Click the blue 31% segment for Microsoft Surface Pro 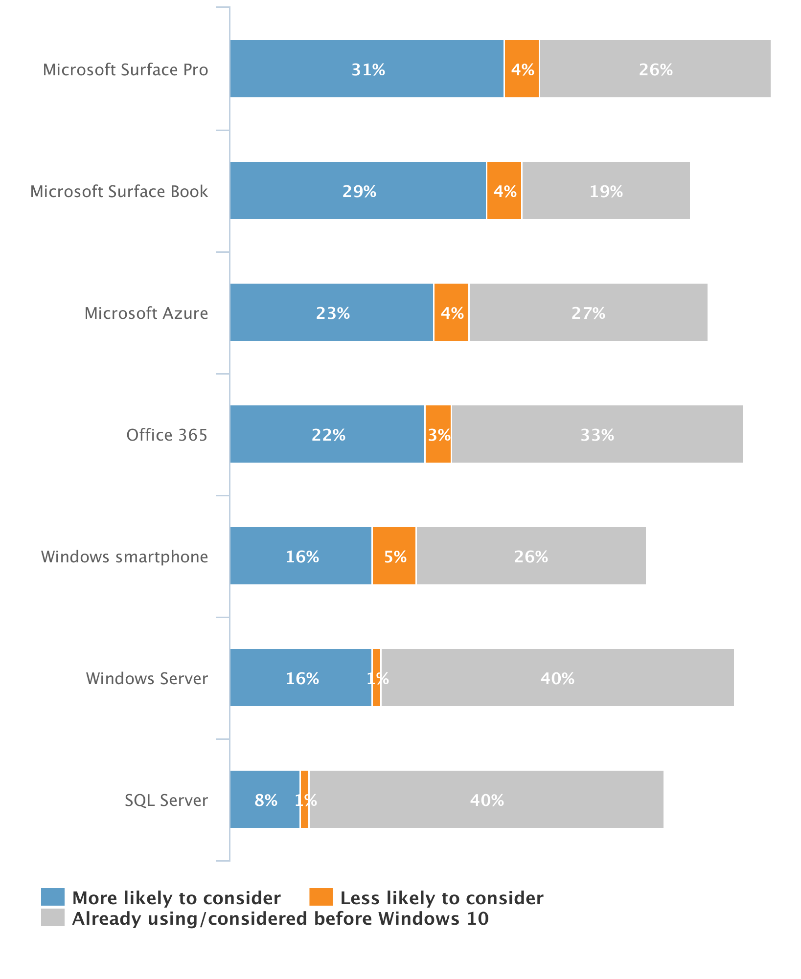pos(367,69)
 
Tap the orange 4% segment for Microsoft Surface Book pos(504,191)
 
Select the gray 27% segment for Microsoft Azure pos(588,312)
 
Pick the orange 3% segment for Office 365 pos(438,434)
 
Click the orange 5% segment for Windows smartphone pos(394,556)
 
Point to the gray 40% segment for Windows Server pos(557,678)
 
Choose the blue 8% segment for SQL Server pos(265,800)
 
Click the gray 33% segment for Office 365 pos(597,434)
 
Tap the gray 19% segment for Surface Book pos(606,191)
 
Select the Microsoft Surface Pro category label pos(125,69)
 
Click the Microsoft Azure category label pos(146,313)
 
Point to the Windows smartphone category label pos(124,556)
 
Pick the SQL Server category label pos(166,800)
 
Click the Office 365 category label pos(167,435)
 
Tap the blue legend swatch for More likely pos(53,897)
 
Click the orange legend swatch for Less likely pos(321,897)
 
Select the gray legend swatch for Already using pos(53,917)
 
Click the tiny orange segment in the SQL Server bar pos(304,800)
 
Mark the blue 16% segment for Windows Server pos(301,678)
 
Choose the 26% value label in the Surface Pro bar pos(656,69)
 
